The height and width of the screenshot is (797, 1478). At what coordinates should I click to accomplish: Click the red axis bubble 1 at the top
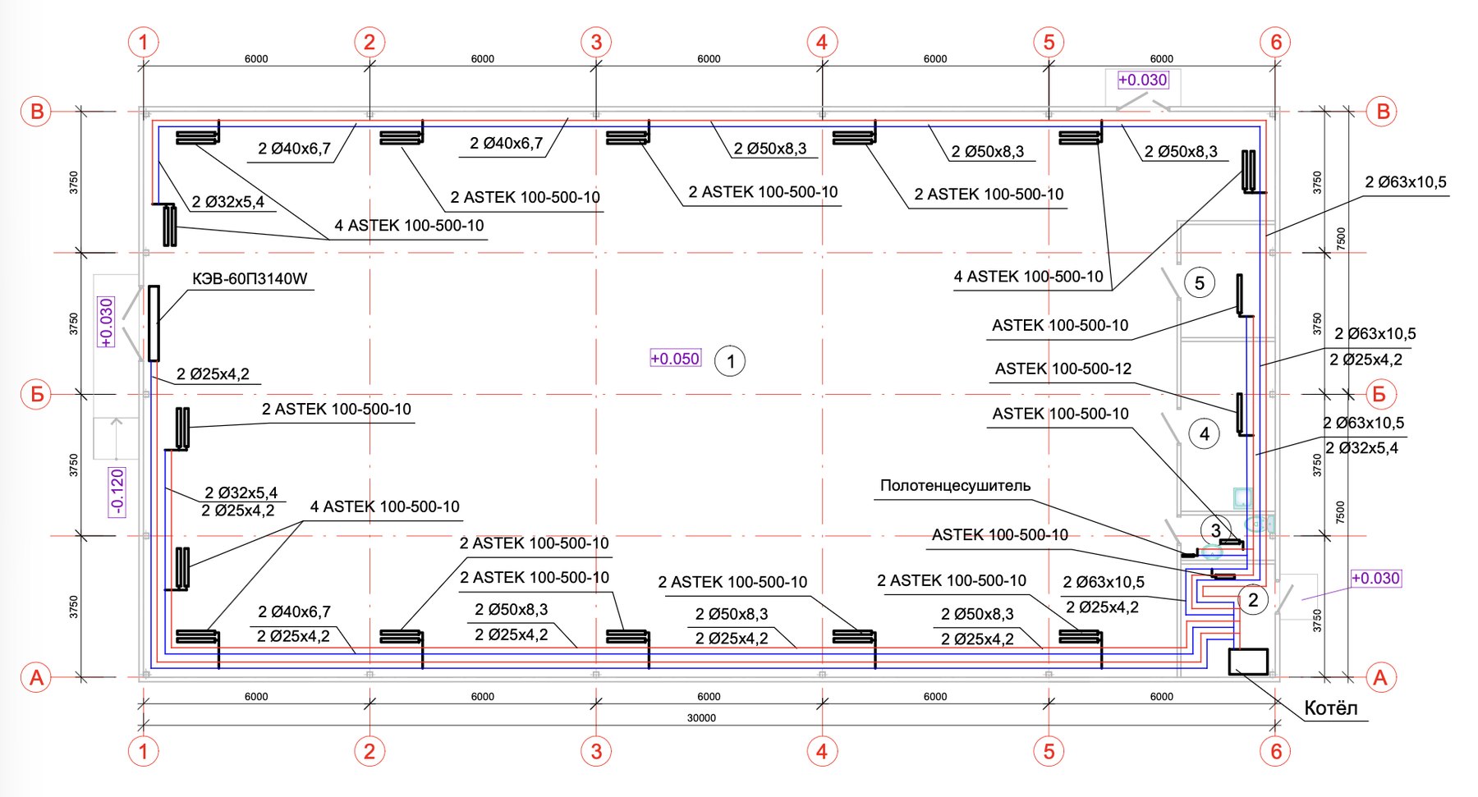[x=144, y=42]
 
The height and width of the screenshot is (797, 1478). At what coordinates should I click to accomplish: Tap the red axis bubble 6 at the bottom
[x=1275, y=751]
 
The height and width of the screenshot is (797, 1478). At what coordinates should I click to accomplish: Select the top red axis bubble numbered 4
[x=822, y=42]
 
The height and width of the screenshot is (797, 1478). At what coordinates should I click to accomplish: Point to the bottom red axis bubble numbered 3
[x=596, y=751]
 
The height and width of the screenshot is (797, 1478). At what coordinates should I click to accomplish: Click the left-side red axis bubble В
[x=36, y=112]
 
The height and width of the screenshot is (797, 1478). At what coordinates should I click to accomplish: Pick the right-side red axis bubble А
[x=1380, y=677]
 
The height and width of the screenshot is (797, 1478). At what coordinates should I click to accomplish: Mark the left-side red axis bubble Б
[x=36, y=394]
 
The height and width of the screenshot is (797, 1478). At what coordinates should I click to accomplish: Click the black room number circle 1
[x=730, y=361]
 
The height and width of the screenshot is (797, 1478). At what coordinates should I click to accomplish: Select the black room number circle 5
[x=1200, y=283]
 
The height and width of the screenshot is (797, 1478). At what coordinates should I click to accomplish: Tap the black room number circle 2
[x=1253, y=600]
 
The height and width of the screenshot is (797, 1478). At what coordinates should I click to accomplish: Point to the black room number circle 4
[x=1205, y=433]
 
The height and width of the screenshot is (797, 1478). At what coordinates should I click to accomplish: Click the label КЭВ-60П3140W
[x=250, y=279]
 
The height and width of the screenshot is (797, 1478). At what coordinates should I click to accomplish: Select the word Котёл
[x=1331, y=708]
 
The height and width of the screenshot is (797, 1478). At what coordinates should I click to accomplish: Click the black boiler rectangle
[x=1248, y=662]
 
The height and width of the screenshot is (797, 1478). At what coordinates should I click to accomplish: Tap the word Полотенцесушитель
[x=955, y=485]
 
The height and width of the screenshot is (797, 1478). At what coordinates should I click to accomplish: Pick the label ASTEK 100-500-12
[x=1063, y=369]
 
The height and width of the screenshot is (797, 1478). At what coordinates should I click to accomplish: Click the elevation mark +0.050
[x=675, y=359]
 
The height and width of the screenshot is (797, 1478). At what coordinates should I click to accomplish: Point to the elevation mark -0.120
[x=117, y=492]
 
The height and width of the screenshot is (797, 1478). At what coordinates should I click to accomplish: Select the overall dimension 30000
[x=701, y=718]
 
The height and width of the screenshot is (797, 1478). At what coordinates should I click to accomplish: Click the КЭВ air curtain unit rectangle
[x=154, y=323]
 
